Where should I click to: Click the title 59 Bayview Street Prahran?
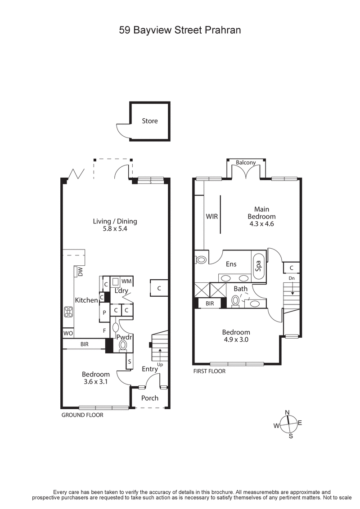tap(180, 31)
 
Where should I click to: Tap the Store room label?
tap(150, 121)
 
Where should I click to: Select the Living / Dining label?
tap(115, 221)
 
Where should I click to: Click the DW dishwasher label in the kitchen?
tap(81, 272)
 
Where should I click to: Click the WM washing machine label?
tap(126, 281)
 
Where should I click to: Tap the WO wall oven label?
tap(68, 333)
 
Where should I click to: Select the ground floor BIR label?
tap(84, 344)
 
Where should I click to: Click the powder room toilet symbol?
tap(123, 345)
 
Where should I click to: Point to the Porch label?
tap(150, 398)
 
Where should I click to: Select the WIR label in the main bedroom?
tap(211, 216)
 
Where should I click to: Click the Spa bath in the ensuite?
tap(259, 266)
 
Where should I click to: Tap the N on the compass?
tap(287, 412)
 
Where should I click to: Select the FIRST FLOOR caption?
tap(209, 371)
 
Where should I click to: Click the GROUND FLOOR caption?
tap(82, 415)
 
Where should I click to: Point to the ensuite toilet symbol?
tap(200, 259)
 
